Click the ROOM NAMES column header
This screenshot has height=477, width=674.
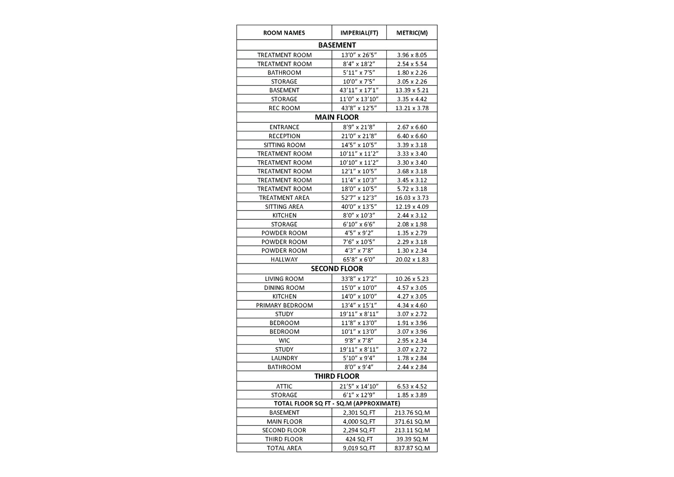284,33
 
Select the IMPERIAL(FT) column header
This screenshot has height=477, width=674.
359,33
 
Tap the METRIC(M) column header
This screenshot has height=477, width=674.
412,33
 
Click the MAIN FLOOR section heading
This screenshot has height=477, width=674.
337,117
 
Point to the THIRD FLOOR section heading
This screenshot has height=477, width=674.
337,376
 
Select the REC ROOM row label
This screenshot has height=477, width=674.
284,108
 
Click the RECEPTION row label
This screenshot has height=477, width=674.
284,136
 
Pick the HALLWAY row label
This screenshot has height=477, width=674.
284,259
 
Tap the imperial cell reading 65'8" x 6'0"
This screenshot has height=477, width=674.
359,259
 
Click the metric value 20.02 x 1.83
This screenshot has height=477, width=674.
412,259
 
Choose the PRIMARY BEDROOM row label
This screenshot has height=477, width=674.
284,305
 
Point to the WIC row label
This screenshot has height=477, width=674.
284,340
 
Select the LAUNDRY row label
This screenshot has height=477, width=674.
284,358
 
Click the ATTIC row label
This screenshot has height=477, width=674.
284,386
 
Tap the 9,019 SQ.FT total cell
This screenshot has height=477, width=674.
359,448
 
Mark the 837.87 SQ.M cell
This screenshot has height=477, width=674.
412,448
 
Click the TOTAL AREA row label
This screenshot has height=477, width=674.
284,448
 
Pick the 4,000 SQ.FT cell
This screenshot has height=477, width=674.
359,421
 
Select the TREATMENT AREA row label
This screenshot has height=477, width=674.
284,198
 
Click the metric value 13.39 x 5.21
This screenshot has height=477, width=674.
412,90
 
